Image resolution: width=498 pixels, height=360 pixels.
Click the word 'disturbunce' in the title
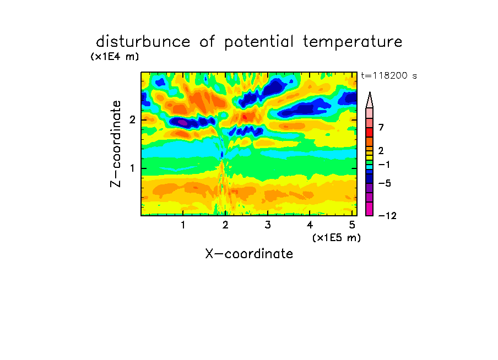click(143, 42)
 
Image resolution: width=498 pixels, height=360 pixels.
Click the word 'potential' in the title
click(259, 42)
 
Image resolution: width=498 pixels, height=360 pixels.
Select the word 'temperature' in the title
click(353, 42)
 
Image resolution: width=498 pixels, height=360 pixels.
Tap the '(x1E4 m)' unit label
click(115, 57)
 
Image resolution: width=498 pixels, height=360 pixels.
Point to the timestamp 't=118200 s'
click(389, 75)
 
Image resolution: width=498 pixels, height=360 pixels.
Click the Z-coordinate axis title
click(116, 144)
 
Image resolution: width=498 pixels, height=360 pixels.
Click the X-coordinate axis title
click(249, 254)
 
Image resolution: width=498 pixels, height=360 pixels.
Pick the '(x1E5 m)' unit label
click(337, 237)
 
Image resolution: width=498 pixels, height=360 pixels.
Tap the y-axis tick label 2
click(132, 120)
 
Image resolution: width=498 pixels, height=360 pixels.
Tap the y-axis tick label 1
click(132, 168)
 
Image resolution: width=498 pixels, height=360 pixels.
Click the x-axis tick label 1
click(183, 225)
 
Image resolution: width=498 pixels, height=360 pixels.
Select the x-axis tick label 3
click(268, 225)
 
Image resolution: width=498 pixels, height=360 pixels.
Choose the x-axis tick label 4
click(310, 225)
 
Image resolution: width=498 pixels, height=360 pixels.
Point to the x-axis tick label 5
click(352, 225)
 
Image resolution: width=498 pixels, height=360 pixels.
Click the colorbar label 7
click(381, 128)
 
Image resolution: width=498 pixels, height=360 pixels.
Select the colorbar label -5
click(385, 183)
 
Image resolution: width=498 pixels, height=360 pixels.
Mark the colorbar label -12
click(387, 216)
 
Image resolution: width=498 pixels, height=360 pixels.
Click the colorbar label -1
click(385, 165)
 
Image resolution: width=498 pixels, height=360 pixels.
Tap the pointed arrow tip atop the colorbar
click(370, 92)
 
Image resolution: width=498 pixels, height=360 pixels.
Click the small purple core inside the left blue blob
click(182, 122)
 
